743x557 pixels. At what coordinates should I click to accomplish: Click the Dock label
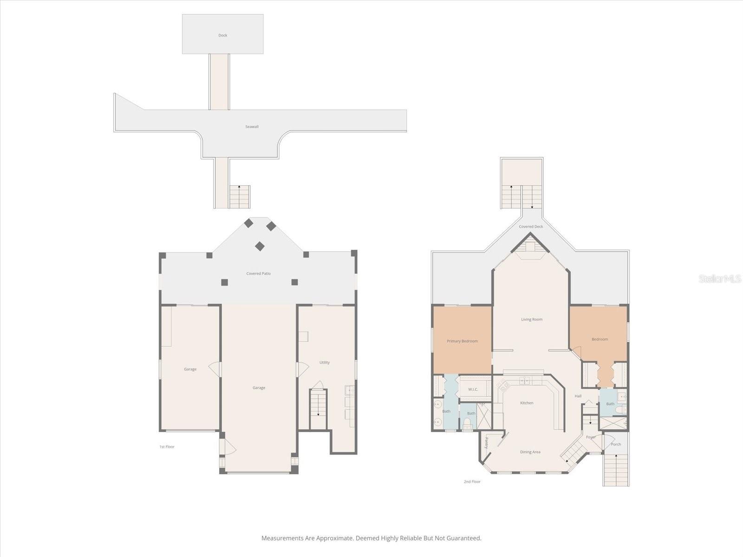222,35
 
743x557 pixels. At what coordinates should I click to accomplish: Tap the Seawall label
252,126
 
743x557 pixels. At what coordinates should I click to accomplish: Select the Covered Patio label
258,273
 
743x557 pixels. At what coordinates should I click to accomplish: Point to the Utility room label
324,362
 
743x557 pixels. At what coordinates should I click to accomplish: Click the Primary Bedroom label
462,341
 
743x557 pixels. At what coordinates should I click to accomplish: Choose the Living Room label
531,319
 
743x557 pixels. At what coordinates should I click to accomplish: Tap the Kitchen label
526,403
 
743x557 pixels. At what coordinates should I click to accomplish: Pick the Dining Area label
530,452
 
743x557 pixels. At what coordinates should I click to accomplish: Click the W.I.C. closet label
473,389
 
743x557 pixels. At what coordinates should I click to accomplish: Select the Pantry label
486,443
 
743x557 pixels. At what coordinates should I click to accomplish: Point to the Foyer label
591,437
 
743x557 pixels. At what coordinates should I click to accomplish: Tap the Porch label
616,444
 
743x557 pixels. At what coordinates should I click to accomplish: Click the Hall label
578,395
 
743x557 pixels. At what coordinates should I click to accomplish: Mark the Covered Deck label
530,227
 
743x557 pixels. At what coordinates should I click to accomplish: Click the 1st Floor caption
167,447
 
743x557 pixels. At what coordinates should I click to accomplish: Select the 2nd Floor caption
472,482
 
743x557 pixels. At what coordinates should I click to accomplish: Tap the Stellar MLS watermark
720,279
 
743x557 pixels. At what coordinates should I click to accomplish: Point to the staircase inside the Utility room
318,409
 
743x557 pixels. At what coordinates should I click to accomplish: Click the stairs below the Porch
616,470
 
